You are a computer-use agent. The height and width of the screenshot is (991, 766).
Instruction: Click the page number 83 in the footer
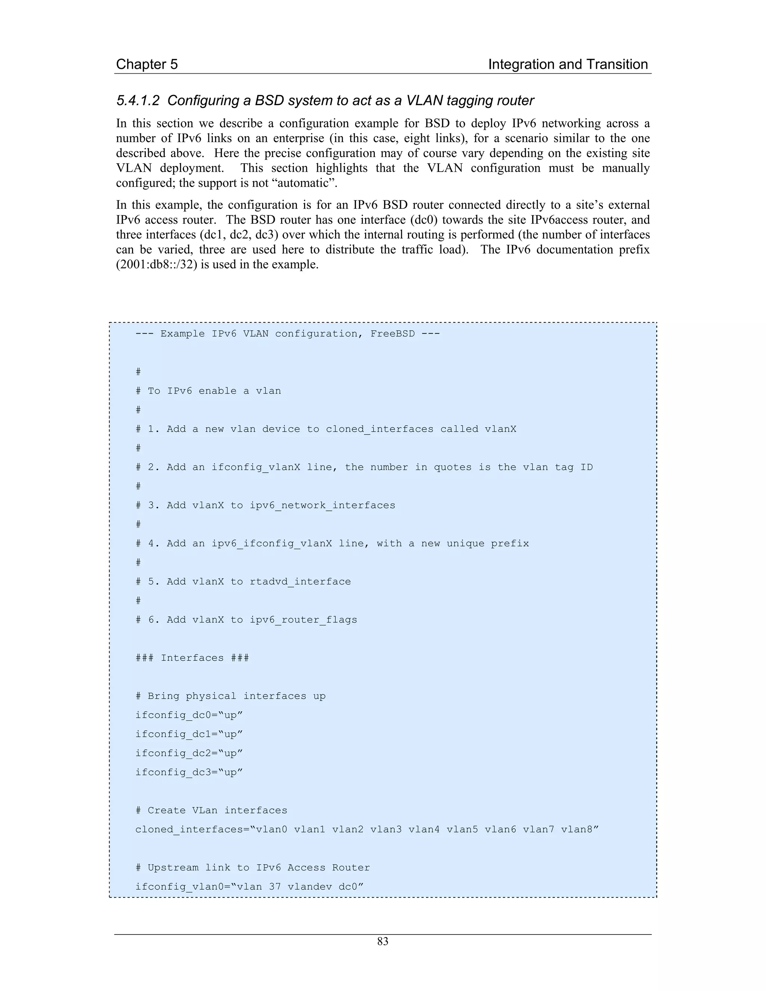click(383, 942)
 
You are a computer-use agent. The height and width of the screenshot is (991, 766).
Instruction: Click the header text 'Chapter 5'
click(147, 64)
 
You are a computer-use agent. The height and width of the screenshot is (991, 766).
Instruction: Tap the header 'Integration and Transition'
click(568, 64)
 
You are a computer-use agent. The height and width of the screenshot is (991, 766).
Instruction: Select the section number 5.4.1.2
click(138, 101)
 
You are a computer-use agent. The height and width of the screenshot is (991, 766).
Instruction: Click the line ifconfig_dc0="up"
click(189, 715)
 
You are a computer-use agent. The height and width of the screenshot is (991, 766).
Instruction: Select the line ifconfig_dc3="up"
click(189, 772)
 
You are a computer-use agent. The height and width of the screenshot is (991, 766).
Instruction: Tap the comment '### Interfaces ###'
click(192, 658)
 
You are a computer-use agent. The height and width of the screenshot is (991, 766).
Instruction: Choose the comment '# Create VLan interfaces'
click(211, 810)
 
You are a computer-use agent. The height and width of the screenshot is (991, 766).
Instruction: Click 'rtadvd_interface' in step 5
click(300, 582)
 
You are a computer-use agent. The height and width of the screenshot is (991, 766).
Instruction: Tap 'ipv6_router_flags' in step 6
click(303, 620)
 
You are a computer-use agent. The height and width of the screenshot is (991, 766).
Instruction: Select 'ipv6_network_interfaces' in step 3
click(322, 506)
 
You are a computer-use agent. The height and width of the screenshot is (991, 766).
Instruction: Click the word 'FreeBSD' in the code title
click(392, 334)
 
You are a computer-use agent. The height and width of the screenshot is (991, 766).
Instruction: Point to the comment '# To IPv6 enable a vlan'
click(208, 391)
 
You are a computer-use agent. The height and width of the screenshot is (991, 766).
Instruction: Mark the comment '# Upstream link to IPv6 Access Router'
click(252, 868)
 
